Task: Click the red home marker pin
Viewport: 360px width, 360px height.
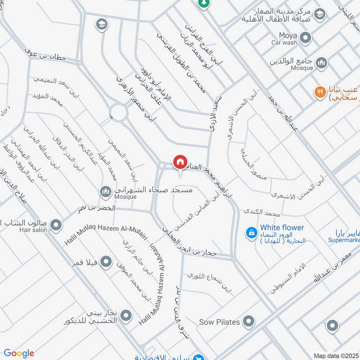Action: [x=180, y=162]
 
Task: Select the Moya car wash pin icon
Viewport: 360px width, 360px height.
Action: [x=306, y=38]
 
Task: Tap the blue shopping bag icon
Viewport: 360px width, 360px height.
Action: [x=251, y=233]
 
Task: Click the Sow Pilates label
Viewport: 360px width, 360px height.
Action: [x=220, y=322]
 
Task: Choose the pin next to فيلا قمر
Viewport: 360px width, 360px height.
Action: [x=106, y=261]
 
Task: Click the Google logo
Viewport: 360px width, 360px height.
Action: [x=18, y=353]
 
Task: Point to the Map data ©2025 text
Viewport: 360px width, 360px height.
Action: [x=336, y=355]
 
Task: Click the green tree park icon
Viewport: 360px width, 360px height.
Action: [x=204, y=3]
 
